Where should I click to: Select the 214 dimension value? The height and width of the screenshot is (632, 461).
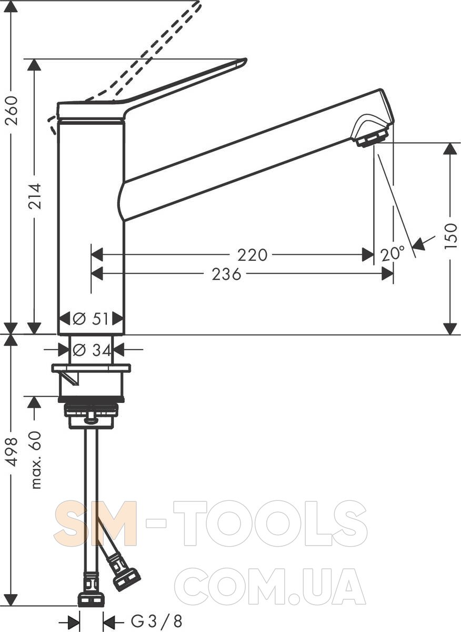35,196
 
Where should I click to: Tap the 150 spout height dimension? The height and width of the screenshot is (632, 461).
450,235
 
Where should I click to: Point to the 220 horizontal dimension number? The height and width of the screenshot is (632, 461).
252,255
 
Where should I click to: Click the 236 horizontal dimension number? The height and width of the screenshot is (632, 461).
226,274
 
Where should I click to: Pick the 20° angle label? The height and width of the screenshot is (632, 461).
393,254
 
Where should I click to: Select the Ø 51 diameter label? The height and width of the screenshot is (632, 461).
91,319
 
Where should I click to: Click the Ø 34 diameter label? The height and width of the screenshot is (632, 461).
92,350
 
